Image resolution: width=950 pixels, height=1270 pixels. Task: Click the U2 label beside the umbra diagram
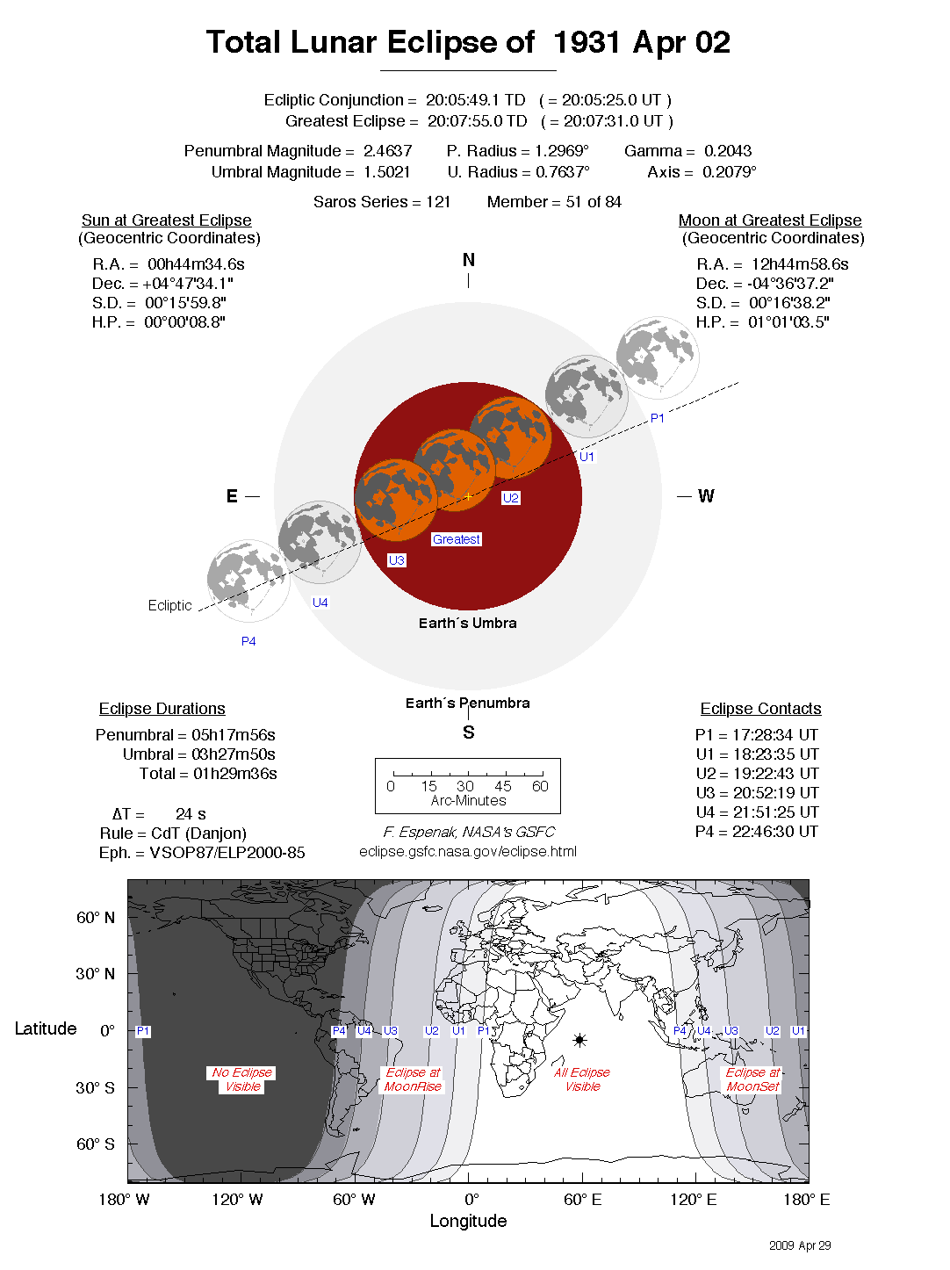point(510,498)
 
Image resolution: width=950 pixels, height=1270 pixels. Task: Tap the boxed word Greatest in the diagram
point(456,539)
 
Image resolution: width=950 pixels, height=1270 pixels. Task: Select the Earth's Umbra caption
point(467,623)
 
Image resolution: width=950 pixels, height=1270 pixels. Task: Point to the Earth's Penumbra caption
point(467,703)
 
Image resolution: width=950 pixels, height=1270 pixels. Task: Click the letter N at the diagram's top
point(468,260)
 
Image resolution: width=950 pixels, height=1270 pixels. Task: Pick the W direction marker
point(706,496)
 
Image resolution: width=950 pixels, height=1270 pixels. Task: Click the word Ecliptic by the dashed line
point(169,605)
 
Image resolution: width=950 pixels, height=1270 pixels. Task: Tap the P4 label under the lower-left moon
point(248,641)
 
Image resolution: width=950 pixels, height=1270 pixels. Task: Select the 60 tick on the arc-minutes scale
point(540,786)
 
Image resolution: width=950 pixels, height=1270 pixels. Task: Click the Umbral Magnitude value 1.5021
point(386,172)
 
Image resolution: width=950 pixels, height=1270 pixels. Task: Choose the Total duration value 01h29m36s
point(234,774)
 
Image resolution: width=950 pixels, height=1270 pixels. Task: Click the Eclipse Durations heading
point(162,709)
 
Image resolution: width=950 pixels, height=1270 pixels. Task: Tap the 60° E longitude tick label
point(582,1200)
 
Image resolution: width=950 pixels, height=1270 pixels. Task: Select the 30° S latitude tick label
point(95,1087)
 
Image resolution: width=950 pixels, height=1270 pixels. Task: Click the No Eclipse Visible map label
point(242,1079)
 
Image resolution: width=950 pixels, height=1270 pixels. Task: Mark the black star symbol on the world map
point(579,1040)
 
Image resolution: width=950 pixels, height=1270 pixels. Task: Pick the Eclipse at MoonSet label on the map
point(752,1079)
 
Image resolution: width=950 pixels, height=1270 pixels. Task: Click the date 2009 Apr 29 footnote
point(800,1245)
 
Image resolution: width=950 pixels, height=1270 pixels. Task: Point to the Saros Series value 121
point(438,202)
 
